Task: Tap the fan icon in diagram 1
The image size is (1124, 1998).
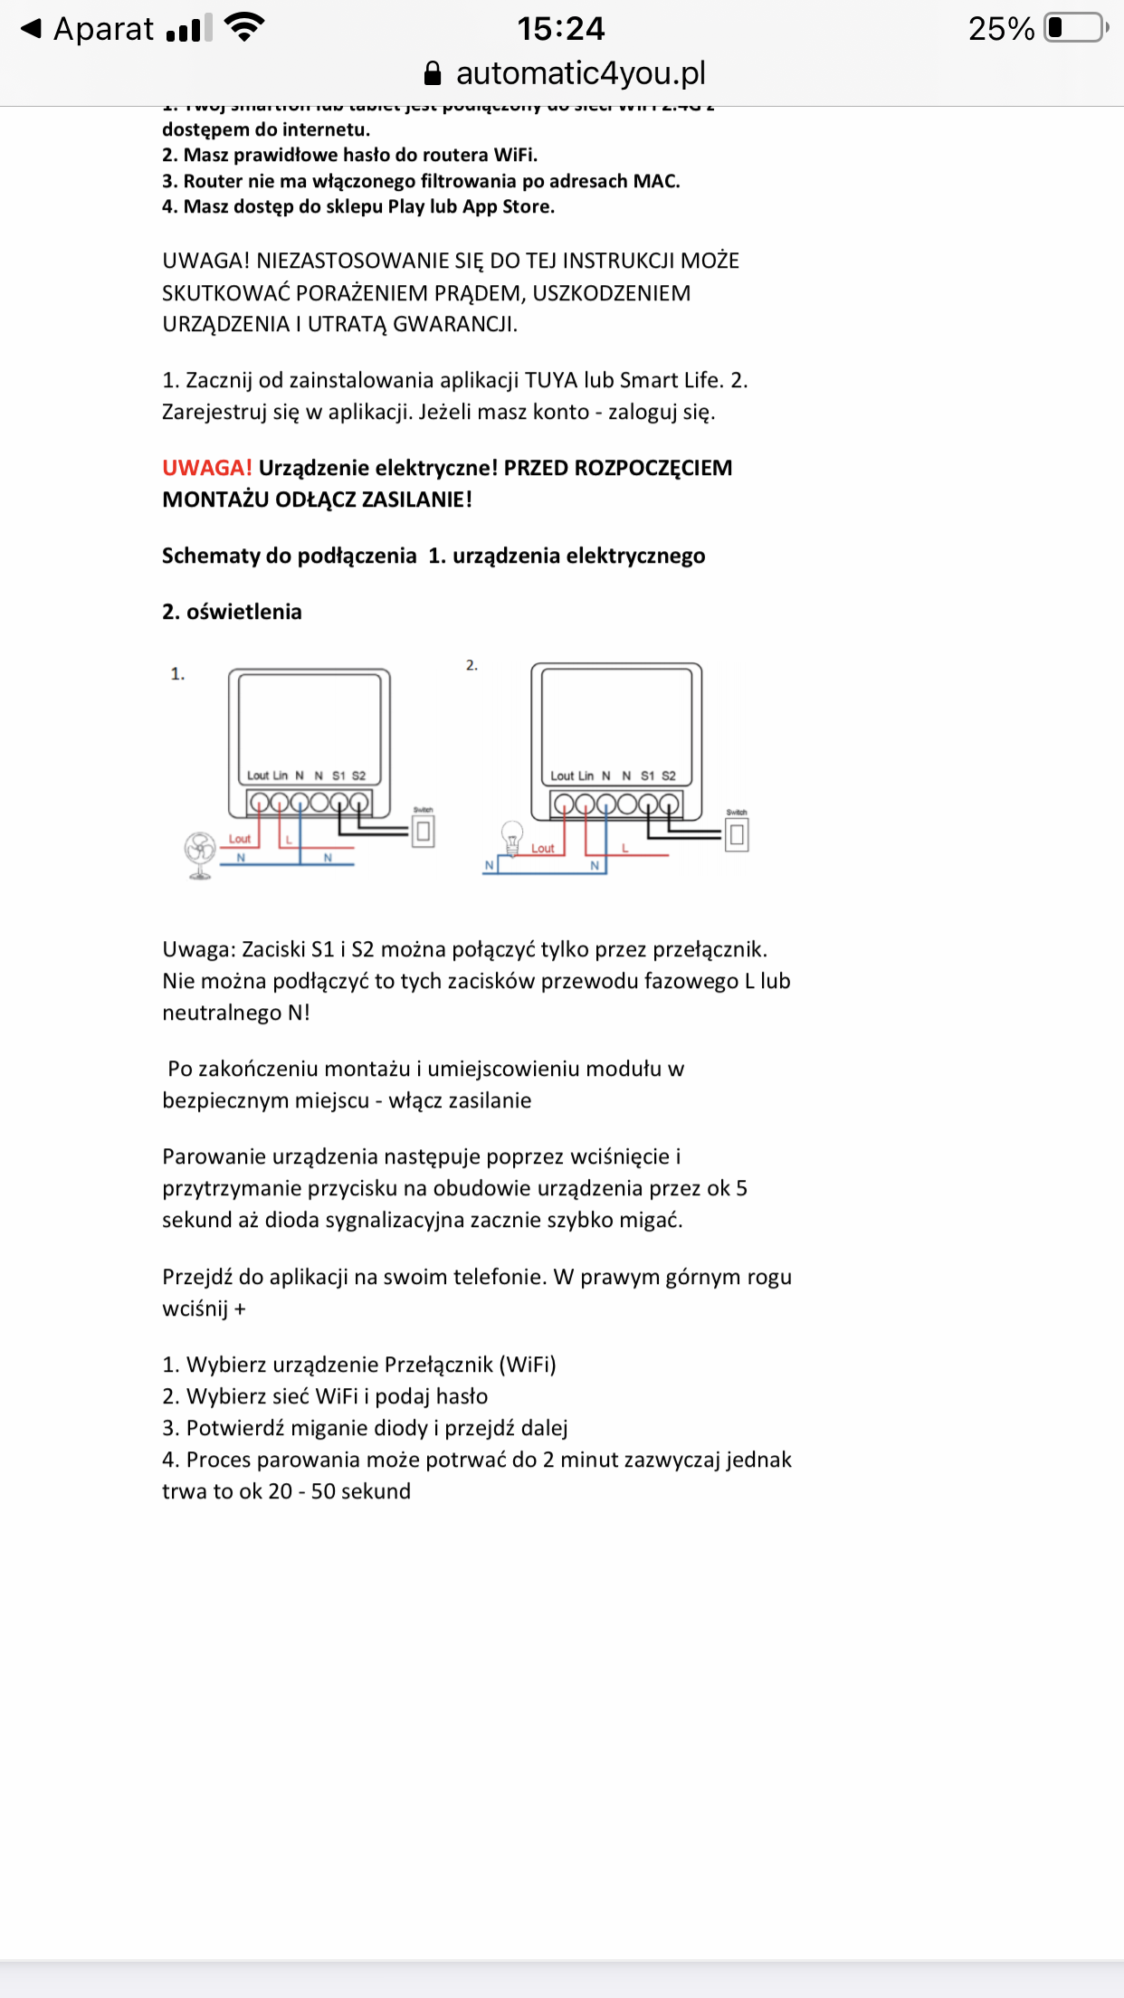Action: click(200, 854)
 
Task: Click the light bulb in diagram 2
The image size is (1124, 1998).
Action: click(512, 838)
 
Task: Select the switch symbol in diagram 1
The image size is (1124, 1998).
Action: click(423, 831)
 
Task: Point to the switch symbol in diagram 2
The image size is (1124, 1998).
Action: click(737, 833)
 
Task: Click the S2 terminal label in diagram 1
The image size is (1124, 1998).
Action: click(358, 775)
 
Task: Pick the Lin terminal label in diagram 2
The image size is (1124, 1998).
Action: click(586, 775)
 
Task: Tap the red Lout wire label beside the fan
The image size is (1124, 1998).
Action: click(239, 839)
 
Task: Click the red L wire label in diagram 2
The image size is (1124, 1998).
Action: click(624, 848)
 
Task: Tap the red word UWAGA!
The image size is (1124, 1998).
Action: click(207, 468)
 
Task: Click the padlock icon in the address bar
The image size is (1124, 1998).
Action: click(433, 73)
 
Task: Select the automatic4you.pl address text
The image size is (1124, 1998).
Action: click(580, 73)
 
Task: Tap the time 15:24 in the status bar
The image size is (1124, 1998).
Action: click(561, 29)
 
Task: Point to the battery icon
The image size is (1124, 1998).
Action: click(1076, 28)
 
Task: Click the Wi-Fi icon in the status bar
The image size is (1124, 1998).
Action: click(244, 27)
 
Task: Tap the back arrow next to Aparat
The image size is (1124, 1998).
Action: click(31, 28)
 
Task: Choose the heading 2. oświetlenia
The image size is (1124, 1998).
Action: click(232, 612)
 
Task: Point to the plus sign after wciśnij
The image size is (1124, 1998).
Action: click(240, 1308)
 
